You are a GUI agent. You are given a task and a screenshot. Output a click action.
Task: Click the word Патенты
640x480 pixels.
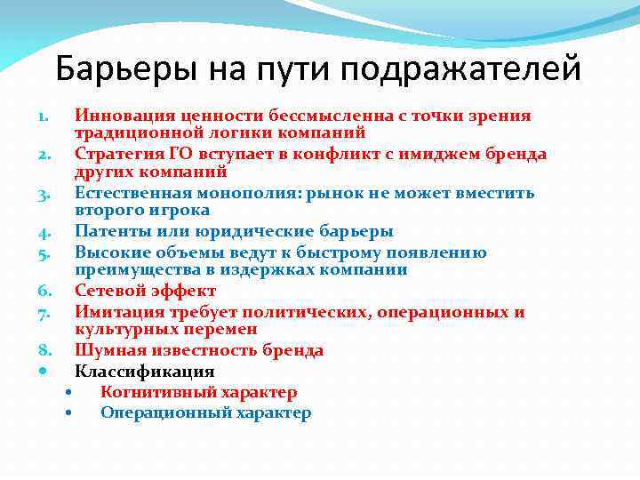point(111,232)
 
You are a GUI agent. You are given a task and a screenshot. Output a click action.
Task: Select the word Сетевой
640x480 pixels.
point(109,291)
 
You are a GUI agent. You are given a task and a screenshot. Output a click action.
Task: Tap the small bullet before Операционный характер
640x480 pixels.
point(69,412)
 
